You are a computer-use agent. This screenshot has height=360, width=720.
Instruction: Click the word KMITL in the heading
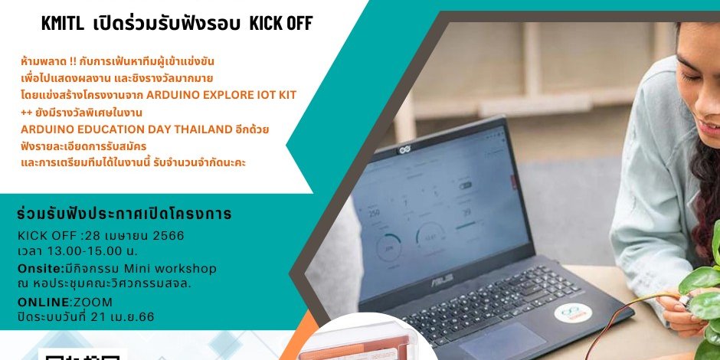(63, 24)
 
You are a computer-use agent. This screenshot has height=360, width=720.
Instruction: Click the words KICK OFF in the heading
(281, 24)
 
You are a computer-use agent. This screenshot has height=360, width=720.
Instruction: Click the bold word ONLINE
(43, 302)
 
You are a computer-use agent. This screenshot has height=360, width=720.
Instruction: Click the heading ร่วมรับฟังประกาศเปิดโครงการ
(124, 214)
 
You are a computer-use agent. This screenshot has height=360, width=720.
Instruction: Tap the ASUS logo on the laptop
(442, 278)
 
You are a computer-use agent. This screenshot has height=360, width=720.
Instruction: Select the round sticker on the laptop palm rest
(573, 313)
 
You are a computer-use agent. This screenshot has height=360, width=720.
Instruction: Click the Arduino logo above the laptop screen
(404, 149)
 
